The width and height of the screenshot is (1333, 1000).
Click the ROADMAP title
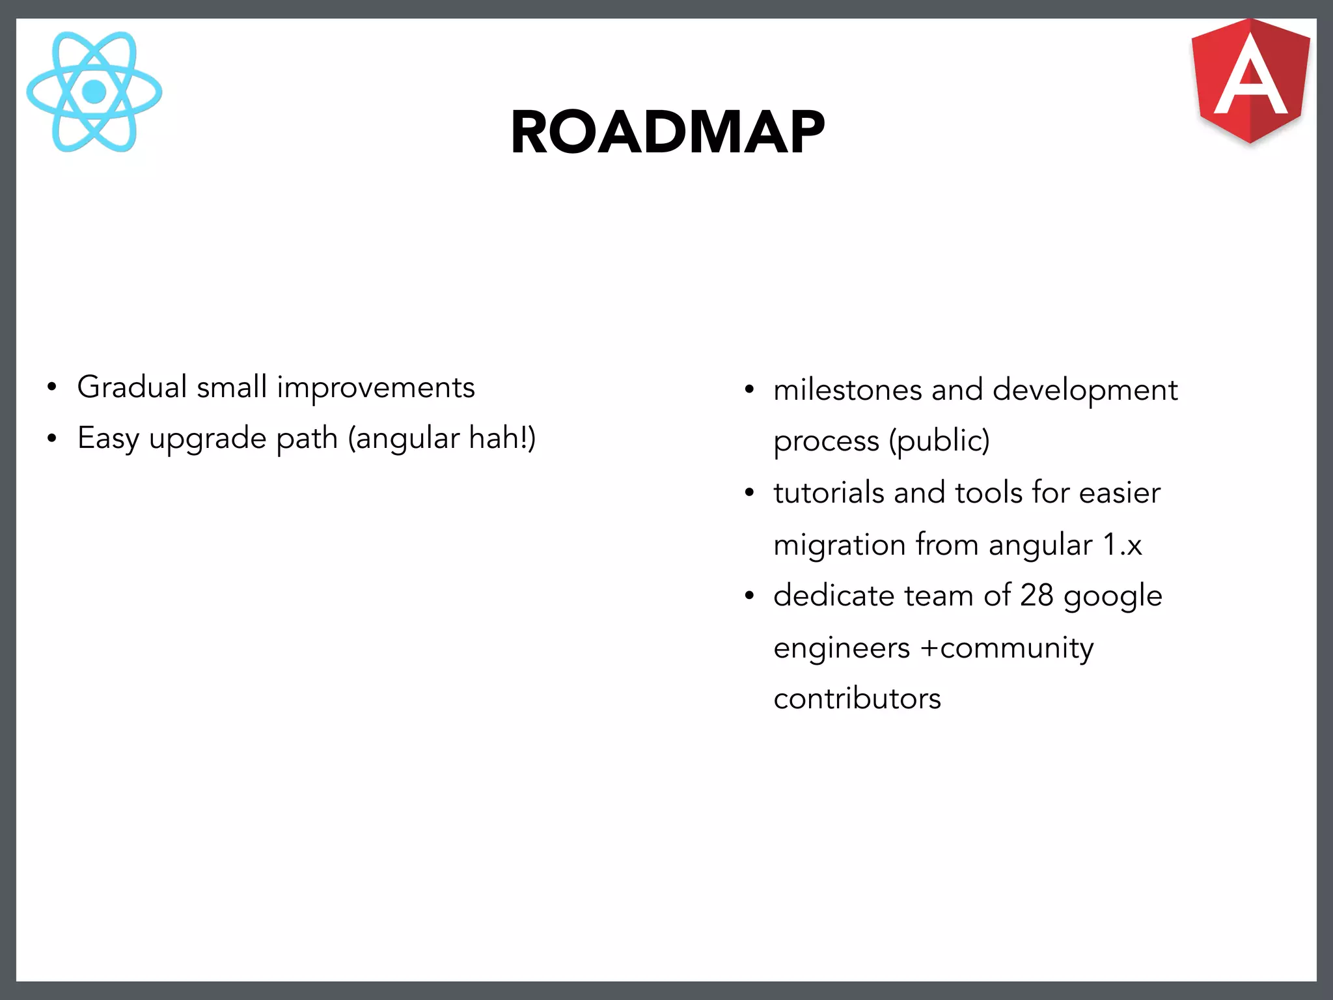pos(668,132)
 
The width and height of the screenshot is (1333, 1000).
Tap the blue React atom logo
pos(94,92)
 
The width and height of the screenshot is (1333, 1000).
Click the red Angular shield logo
pos(1250,81)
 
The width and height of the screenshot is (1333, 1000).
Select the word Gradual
pos(132,387)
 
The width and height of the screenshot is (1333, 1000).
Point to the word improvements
pos(376,388)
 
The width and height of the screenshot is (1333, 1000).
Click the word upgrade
pos(208,439)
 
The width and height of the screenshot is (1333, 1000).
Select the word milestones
pos(847,390)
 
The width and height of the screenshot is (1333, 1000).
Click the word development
pos(1085,391)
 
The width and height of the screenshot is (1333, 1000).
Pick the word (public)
pos(939,441)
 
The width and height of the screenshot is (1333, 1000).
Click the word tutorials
pos(828,492)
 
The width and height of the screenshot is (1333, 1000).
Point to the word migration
pos(839,544)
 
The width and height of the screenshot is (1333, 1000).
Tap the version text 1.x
pos(1122,544)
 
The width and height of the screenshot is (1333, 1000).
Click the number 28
pos(1036,595)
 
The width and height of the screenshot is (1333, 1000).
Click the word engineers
pos(842,648)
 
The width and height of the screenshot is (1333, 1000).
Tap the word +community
pos(1007,648)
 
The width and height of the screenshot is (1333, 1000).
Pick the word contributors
pos(857,699)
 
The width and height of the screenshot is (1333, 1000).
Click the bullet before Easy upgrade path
pos(52,439)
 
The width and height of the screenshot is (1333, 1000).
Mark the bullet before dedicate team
pos(749,596)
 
